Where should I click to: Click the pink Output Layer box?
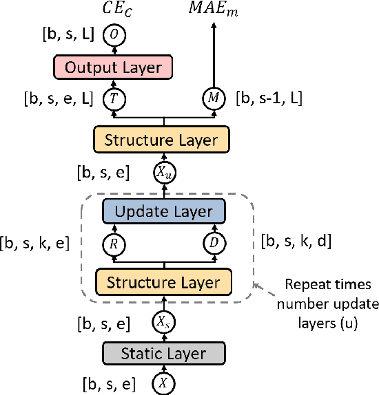113,67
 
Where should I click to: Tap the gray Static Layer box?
163,354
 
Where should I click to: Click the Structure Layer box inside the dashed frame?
163,282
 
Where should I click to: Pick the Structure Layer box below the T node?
163,140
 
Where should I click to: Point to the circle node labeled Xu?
163,172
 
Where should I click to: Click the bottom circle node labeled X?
163,383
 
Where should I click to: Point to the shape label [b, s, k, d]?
297,242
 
